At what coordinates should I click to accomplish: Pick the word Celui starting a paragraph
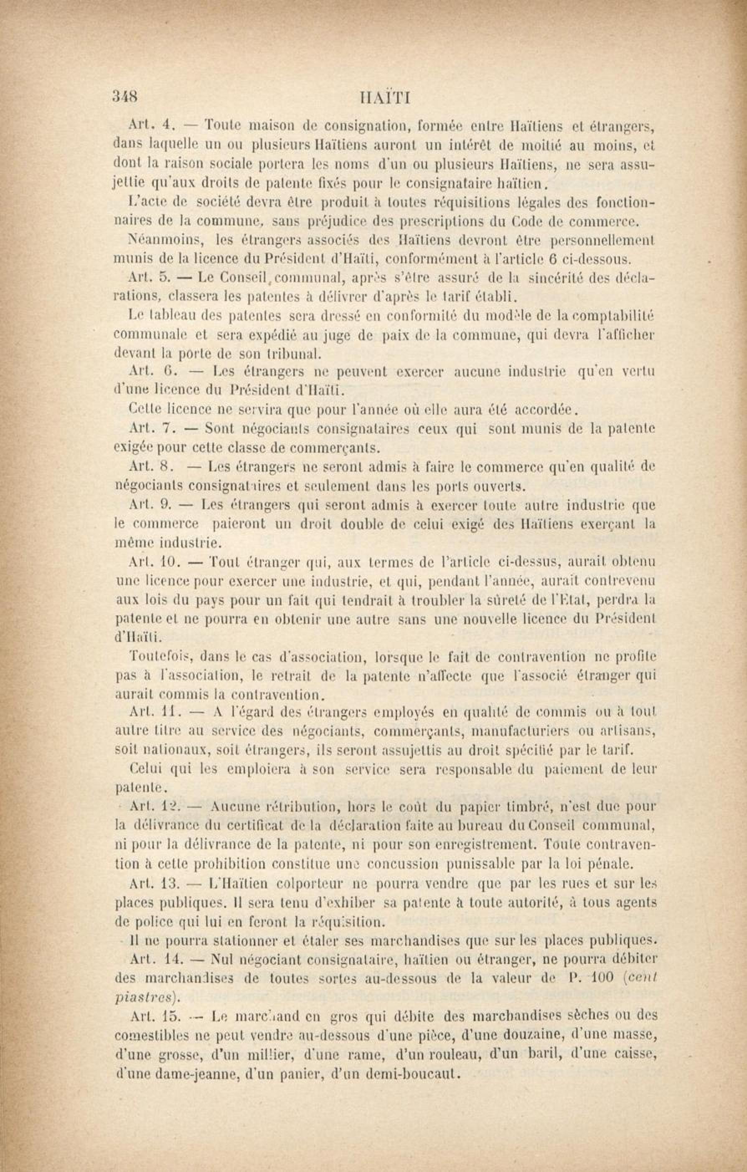pos(148,770)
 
